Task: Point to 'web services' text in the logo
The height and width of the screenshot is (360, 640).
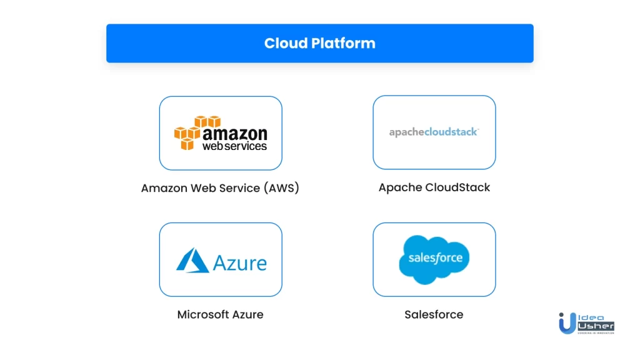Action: click(x=234, y=146)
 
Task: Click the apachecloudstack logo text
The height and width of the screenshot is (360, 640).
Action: click(x=434, y=132)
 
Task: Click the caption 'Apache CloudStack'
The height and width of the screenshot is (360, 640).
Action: click(x=434, y=187)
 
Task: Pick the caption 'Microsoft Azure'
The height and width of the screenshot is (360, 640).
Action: click(x=220, y=314)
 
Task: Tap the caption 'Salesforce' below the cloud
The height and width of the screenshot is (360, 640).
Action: click(x=434, y=314)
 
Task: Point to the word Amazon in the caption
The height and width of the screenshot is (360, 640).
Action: click(x=164, y=188)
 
